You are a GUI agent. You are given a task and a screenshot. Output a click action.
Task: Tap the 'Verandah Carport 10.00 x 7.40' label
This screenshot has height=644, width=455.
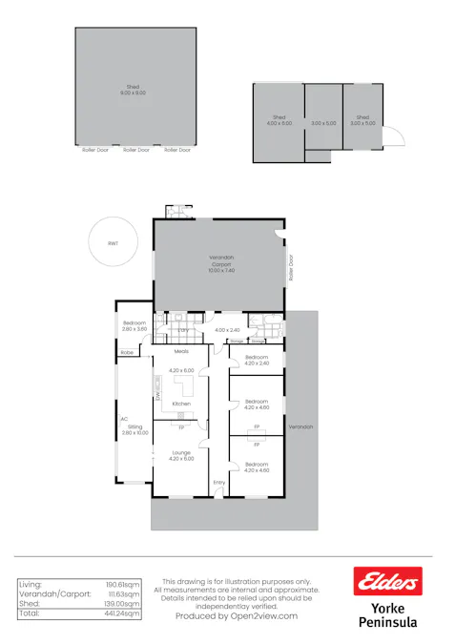pos(221,263)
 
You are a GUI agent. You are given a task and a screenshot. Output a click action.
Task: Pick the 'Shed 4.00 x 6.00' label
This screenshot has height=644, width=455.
pos(279,120)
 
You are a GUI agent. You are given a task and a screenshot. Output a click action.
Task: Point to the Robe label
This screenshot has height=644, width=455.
pos(127,353)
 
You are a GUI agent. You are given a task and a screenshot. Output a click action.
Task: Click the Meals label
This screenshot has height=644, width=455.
pos(181,351)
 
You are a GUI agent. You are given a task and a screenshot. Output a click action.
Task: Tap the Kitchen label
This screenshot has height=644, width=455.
pos(181,404)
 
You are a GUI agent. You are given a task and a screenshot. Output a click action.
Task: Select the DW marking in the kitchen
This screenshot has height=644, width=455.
pos(156,391)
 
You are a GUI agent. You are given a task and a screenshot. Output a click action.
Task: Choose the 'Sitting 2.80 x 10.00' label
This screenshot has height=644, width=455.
pos(135,429)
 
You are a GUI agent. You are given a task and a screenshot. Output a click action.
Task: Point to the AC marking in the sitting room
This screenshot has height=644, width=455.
pos(124,418)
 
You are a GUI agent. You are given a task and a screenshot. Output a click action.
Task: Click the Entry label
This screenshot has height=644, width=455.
pos(219,482)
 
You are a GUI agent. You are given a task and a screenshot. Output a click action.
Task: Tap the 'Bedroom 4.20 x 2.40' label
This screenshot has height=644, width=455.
pos(258,360)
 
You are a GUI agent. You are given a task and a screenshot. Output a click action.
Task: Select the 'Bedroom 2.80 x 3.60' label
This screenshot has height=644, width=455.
pos(134,325)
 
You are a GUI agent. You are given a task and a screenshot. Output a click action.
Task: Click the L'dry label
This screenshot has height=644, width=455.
pos(184,330)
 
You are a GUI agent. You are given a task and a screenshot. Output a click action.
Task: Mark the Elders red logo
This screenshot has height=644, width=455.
pos(386,579)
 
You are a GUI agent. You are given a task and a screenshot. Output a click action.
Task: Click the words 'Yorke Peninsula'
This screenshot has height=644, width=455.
pos(386,614)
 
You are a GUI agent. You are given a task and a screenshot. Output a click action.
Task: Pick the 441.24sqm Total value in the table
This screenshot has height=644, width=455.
pos(123,613)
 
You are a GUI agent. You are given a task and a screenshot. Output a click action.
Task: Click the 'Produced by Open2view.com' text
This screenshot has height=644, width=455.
pos(237,615)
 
